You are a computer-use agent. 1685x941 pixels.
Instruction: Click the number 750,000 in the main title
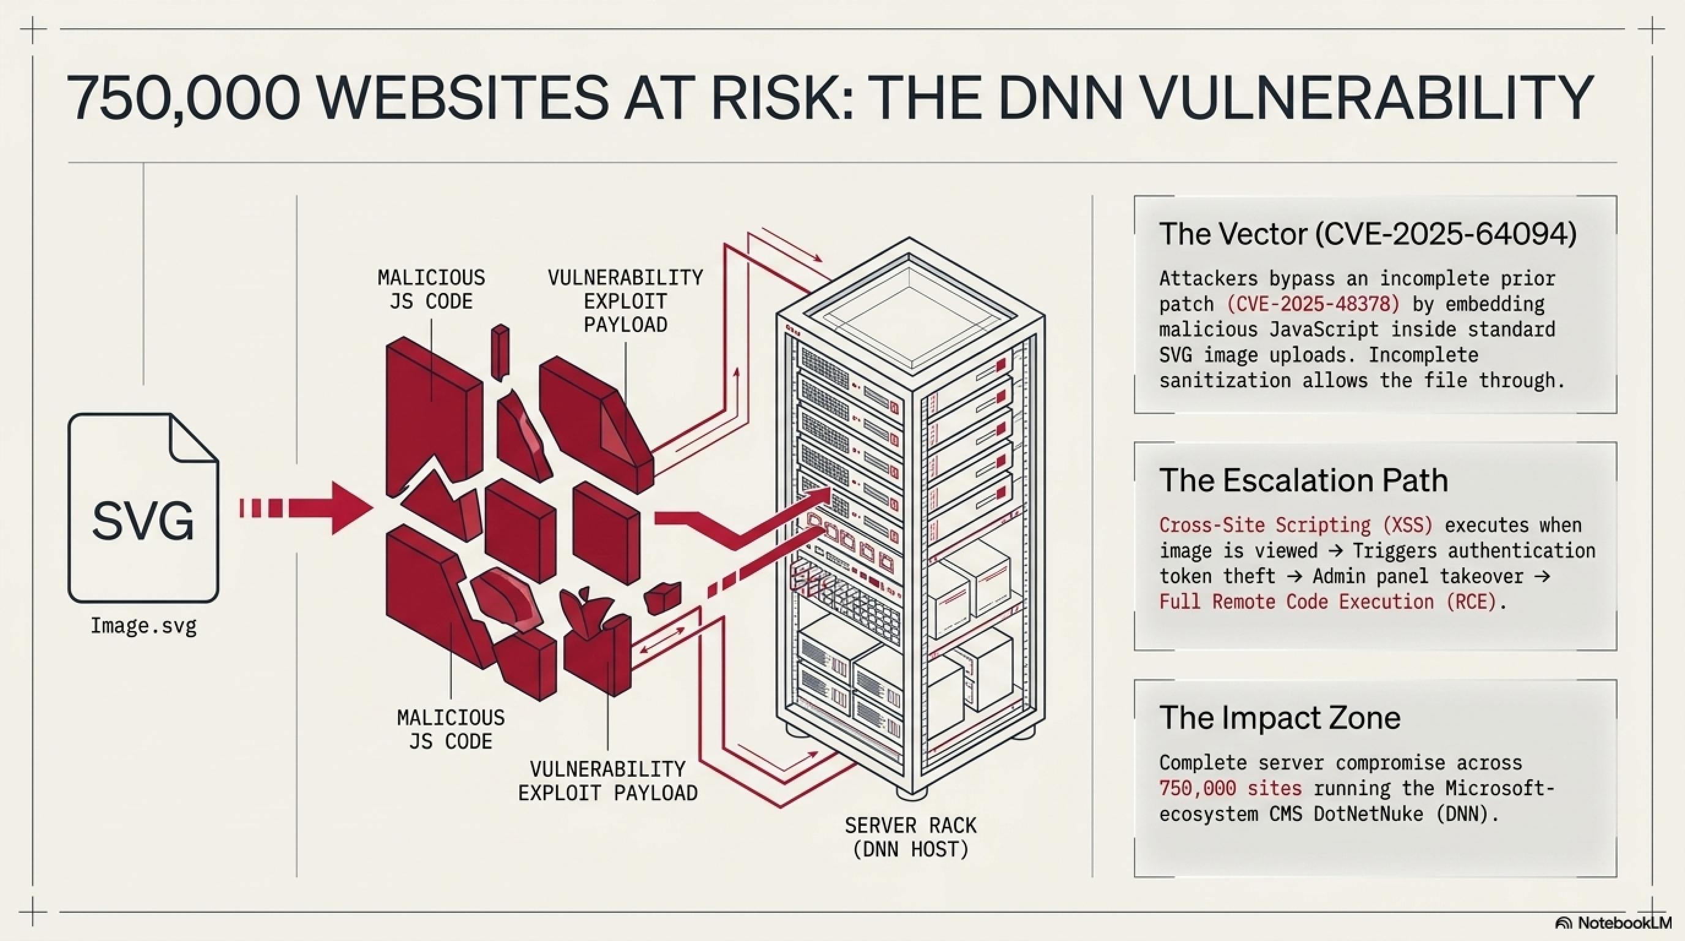point(183,97)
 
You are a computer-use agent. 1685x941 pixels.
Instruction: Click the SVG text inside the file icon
point(143,521)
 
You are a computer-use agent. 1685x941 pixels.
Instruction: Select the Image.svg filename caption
point(143,626)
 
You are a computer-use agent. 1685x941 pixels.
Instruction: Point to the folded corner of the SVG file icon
point(193,437)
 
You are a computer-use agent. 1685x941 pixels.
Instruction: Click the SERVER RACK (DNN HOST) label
point(910,837)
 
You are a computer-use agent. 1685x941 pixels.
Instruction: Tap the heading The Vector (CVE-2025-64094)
point(1367,233)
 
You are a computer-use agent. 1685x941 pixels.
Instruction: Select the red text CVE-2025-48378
point(1313,304)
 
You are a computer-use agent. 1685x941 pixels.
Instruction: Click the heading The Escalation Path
point(1303,480)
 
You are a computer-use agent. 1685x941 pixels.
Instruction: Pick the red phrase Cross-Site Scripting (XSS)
point(1296,525)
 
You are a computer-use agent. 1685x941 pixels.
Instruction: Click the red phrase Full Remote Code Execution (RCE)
point(1328,602)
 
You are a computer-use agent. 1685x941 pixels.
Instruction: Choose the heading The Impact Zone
point(1280,717)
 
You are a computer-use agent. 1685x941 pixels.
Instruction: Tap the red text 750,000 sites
point(1229,788)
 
